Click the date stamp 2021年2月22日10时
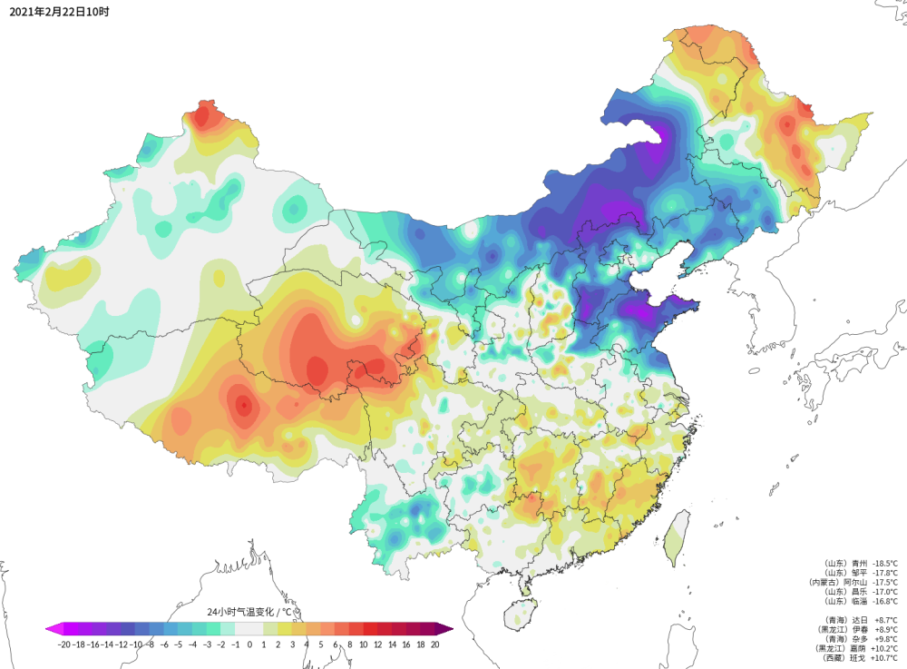[59, 11]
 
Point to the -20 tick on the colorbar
[63, 644]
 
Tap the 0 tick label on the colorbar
[249, 644]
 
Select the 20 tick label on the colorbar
[434, 644]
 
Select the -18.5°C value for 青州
[883, 563]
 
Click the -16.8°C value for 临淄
[883, 601]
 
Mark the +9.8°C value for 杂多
[885, 638]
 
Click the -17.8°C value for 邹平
[883, 573]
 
